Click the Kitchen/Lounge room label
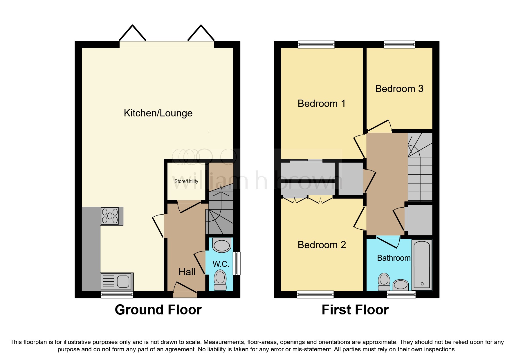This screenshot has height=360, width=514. [x=158, y=113]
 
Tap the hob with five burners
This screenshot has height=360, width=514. [x=110, y=216]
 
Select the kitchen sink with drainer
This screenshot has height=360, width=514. [x=117, y=281]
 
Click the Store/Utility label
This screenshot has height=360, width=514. [x=186, y=181]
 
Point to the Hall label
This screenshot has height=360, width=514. [x=187, y=272]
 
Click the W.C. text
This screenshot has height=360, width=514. [x=221, y=264]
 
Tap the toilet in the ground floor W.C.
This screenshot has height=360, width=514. [x=220, y=280]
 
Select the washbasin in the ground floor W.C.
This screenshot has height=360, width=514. [x=222, y=245]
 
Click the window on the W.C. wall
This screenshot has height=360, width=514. [x=237, y=263]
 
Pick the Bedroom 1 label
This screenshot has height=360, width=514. [x=322, y=103]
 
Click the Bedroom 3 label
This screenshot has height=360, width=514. [x=399, y=89]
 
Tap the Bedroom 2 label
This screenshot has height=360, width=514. [x=322, y=245]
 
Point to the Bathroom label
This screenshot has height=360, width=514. [x=394, y=258]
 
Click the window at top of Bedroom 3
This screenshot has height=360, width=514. [x=399, y=44]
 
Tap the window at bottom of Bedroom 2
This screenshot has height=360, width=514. [x=315, y=294]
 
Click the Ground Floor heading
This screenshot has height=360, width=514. [x=158, y=310]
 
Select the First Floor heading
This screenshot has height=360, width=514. [x=355, y=310]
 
